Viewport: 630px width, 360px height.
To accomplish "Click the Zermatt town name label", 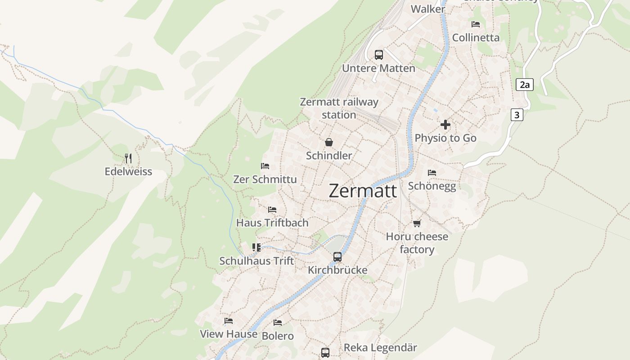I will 363,191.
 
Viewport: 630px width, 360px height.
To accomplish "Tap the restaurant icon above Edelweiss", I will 128,158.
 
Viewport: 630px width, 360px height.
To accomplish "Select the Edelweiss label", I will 128,171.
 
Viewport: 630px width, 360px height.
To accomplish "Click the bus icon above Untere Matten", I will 379,55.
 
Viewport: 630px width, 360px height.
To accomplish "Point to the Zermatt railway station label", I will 339,108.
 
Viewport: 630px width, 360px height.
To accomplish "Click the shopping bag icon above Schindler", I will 329,142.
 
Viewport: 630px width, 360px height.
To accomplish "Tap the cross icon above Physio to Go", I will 445,125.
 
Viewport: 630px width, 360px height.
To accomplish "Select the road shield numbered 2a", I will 524,85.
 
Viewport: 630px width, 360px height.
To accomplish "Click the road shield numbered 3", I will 517,115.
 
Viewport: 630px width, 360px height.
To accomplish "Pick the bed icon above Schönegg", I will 432,172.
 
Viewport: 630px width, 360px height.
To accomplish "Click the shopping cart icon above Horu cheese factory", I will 417,223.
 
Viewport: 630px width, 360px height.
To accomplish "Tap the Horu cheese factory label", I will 417,243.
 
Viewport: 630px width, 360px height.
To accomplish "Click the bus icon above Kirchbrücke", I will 337,257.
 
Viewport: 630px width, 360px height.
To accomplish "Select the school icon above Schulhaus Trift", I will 256,247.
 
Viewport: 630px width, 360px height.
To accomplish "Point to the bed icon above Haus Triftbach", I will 272,210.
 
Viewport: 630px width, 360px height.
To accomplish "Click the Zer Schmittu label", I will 265,179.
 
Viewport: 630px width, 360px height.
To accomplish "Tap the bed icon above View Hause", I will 229,321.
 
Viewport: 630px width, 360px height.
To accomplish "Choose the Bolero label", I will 278,336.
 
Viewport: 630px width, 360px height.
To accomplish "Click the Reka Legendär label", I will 380,347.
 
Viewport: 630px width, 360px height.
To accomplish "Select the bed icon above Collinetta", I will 476,24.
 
